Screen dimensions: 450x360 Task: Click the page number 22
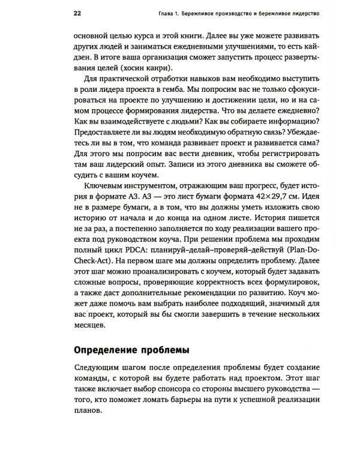coord(76,13)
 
